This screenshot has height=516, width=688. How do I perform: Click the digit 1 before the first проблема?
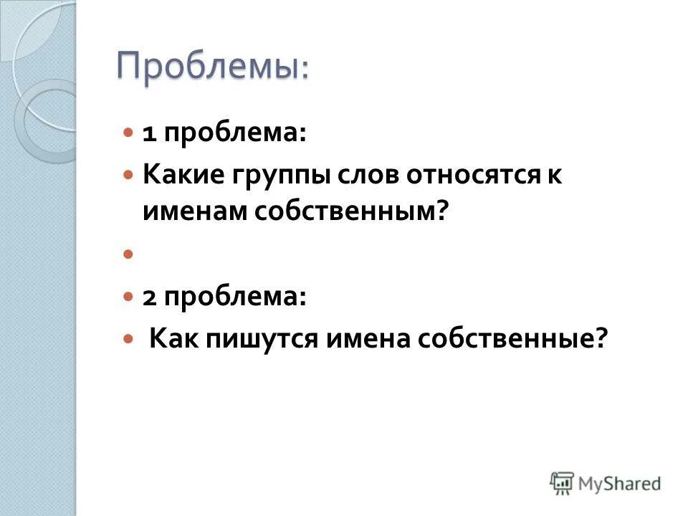[149, 135]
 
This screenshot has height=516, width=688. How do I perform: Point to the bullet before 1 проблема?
[128, 134]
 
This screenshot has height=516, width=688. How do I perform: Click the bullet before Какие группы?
[128, 175]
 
